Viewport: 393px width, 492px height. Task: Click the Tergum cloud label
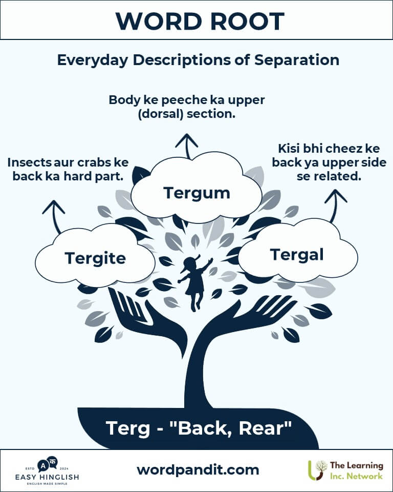tap(196, 193)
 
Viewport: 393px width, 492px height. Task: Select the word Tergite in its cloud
tap(95, 258)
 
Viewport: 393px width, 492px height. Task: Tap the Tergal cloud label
tap(296, 255)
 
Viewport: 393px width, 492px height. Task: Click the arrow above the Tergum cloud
tap(187, 146)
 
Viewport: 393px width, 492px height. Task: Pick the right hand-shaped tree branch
tap(248, 317)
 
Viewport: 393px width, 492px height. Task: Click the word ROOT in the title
tap(247, 22)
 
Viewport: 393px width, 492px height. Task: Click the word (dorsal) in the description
tap(161, 114)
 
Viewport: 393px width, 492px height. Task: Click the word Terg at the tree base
tap(128, 428)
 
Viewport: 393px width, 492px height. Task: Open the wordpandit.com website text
tap(198, 470)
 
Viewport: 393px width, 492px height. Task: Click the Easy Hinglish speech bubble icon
tap(47, 464)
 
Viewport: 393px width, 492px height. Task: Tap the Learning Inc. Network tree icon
tap(317, 470)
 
